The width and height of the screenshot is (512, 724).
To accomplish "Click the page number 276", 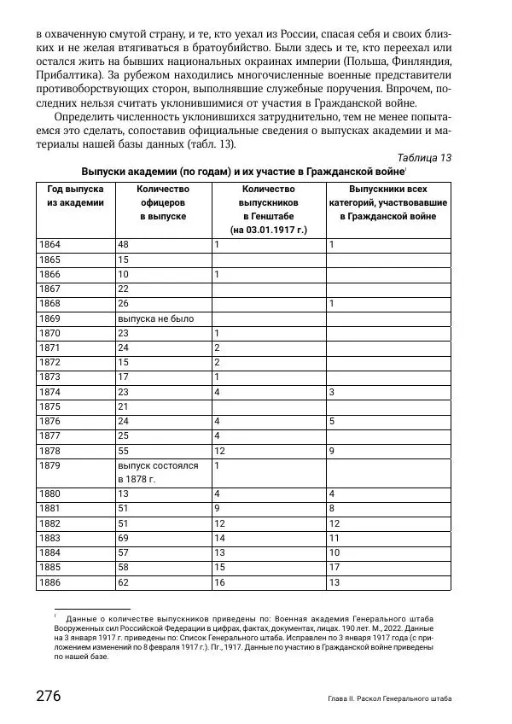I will [x=48, y=695].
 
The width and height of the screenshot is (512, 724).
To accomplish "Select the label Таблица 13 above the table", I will [x=424, y=157].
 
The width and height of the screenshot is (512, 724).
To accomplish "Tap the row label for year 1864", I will [x=50, y=245].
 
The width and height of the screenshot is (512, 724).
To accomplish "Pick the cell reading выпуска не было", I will [x=155, y=318].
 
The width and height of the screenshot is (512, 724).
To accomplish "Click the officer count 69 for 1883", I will [x=123, y=538].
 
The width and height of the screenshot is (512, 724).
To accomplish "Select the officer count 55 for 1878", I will [x=123, y=450].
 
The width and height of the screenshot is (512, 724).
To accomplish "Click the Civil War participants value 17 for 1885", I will [x=335, y=567].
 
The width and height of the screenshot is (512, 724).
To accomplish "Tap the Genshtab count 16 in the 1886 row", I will [x=220, y=581].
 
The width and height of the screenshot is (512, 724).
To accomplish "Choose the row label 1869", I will [x=50, y=318].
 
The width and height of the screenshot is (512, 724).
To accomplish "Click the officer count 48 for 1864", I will [x=123, y=245].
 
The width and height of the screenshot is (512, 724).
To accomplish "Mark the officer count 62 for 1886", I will [x=123, y=581].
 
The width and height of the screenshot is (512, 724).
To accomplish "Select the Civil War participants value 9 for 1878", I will [x=332, y=450].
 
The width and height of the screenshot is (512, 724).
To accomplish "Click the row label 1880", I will [x=50, y=493].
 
